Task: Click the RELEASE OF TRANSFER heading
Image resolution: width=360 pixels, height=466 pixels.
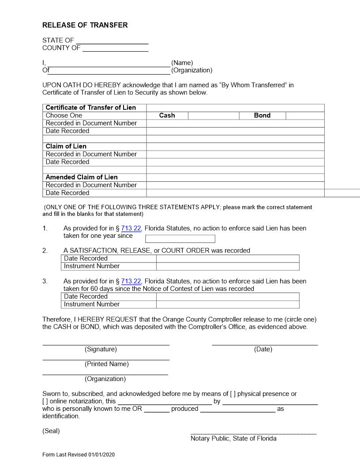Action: [85, 25]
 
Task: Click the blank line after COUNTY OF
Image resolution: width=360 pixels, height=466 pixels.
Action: [115, 49]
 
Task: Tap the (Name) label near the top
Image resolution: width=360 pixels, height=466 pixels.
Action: [182, 63]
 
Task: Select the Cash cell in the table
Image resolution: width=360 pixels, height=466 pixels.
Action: [167, 115]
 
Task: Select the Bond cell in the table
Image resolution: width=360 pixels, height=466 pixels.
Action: [262, 115]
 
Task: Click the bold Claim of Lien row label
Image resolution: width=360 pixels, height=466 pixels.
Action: [66, 146]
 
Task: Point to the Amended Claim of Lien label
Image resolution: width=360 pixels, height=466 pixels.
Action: [82, 177]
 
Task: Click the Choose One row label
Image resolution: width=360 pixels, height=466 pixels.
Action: [64, 115]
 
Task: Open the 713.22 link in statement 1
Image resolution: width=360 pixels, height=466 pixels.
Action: [131, 228]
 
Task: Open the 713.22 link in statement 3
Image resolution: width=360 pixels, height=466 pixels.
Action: [131, 281]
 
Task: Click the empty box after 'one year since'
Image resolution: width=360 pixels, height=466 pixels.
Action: [180, 239]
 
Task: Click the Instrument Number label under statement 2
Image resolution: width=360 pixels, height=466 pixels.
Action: [92, 266]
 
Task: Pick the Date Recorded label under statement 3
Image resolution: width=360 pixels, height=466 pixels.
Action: [86, 297]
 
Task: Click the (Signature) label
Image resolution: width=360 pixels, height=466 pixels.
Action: [101, 349]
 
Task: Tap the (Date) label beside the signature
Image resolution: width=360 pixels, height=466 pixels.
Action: [263, 349]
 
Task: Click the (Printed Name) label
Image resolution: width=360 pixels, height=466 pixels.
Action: [107, 364]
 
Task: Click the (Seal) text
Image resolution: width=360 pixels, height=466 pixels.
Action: [51, 431]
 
